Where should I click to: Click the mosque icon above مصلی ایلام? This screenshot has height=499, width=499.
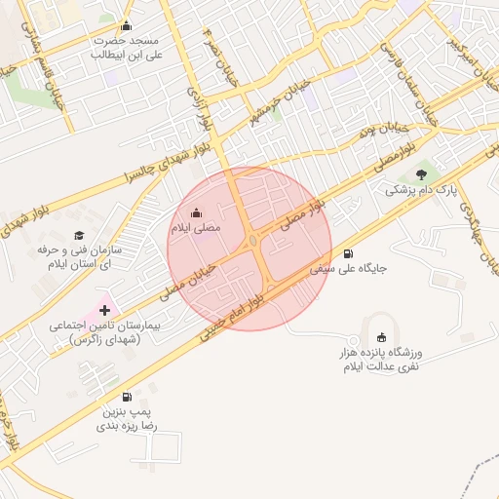click(196, 213)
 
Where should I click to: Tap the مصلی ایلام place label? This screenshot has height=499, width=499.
click(196, 228)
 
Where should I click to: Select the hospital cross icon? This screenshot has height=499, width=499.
click(105, 310)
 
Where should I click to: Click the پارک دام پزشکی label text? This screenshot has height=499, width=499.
click(421, 190)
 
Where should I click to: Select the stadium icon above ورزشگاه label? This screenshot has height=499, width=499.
click(381, 336)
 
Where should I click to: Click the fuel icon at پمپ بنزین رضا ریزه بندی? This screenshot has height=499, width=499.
click(127, 397)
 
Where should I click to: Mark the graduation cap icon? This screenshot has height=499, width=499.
click(79, 236)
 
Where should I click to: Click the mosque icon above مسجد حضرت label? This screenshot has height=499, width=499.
click(125, 26)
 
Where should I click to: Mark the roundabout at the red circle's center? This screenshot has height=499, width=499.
click(252, 240)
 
